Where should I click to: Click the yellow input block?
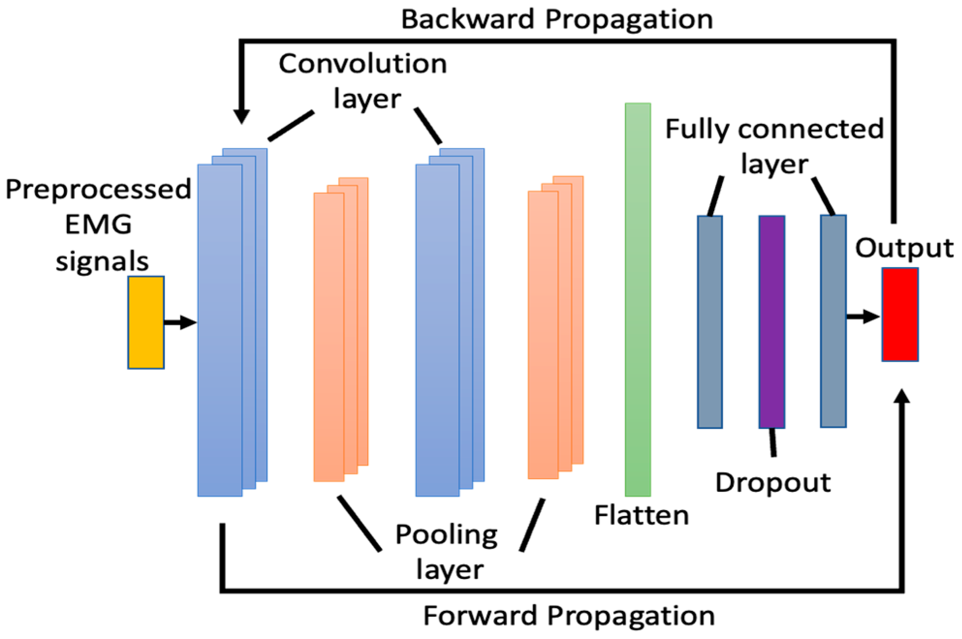coord(146,322)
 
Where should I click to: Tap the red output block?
coord(900,315)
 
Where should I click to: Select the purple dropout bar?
coord(772,322)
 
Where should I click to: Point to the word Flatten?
coord(641,515)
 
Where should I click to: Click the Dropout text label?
coord(773,483)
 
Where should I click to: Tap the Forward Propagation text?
coord(569,616)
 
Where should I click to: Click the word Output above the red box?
coord(904,248)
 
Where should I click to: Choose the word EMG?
coord(98,225)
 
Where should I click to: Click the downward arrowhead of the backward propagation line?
coord(241,116)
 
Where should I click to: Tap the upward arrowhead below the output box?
coord(901,397)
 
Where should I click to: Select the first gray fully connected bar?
coord(710,322)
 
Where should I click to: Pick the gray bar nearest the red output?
coord(833,321)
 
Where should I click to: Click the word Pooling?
coord(446,535)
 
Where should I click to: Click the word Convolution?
coord(362,64)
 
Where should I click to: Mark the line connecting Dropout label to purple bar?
coord(773,442)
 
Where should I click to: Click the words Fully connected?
coord(774,129)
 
